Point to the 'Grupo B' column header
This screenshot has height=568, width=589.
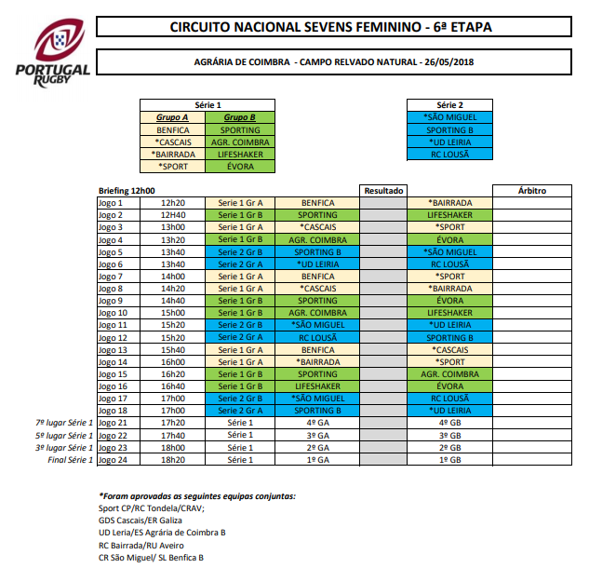(239, 117)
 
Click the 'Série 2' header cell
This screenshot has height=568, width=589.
(450, 105)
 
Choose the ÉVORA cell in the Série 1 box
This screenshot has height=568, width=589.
(239, 166)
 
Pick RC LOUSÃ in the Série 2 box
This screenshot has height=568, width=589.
(450, 154)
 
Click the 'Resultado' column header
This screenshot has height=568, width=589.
(383, 190)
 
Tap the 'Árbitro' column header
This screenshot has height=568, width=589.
(531, 190)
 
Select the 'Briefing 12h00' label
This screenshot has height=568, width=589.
(127, 190)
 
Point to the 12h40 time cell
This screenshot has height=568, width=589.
(173, 214)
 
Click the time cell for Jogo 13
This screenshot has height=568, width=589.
(173, 349)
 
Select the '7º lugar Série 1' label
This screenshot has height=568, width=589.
(64, 423)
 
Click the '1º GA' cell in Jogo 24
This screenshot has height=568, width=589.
(317, 459)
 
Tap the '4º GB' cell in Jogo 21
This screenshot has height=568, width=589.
(450, 423)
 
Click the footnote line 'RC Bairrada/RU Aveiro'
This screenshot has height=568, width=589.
(142, 545)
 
